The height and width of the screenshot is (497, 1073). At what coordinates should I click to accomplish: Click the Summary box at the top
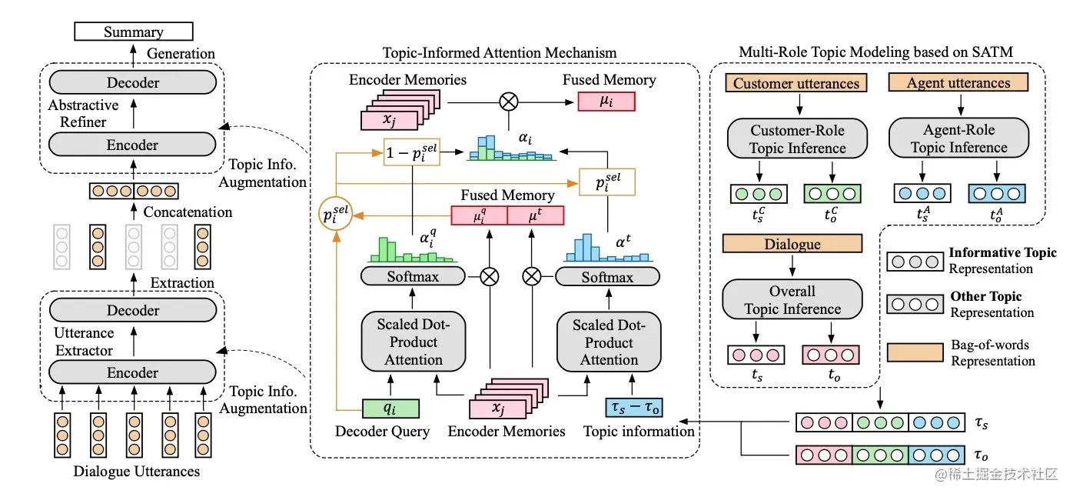133,32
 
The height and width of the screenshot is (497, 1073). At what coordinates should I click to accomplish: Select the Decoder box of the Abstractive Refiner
133,82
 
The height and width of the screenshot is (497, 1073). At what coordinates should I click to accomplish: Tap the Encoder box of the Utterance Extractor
133,373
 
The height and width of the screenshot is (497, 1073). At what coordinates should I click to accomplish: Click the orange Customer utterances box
796,83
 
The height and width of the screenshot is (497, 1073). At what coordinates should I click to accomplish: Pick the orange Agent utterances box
958,83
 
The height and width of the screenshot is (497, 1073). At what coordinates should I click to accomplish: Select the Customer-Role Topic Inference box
798,139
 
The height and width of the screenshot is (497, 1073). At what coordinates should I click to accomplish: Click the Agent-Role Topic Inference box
958,139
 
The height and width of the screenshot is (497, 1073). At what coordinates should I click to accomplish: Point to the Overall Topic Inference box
792,300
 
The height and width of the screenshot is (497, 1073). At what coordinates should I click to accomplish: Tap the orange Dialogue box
792,245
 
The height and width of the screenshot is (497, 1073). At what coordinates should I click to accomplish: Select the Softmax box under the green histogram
413,276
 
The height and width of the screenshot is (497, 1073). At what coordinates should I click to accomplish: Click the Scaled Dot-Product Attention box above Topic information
609,342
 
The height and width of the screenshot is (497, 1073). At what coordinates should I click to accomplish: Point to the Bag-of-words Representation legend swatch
915,352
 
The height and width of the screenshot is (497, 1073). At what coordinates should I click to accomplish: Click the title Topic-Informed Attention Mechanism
500,53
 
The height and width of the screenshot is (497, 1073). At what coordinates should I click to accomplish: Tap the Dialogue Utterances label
136,471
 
